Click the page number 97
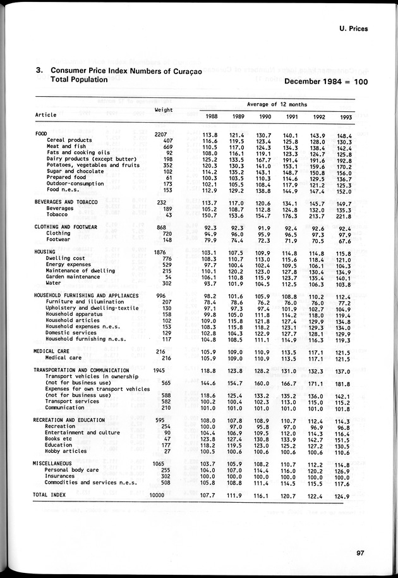coord(360,553)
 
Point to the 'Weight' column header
coord(164,110)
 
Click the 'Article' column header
coord(45,115)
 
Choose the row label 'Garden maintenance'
coord(74,277)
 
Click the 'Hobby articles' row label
coord(67,452)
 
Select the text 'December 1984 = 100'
coord(326,82)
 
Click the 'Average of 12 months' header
coord(277,104)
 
